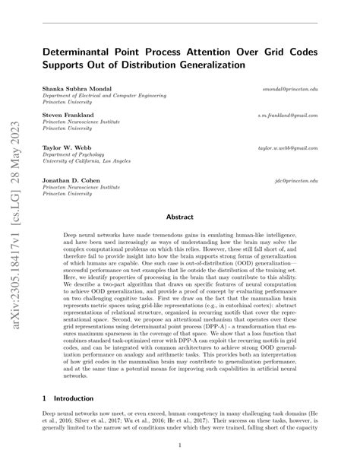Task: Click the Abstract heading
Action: click(179, 217)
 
